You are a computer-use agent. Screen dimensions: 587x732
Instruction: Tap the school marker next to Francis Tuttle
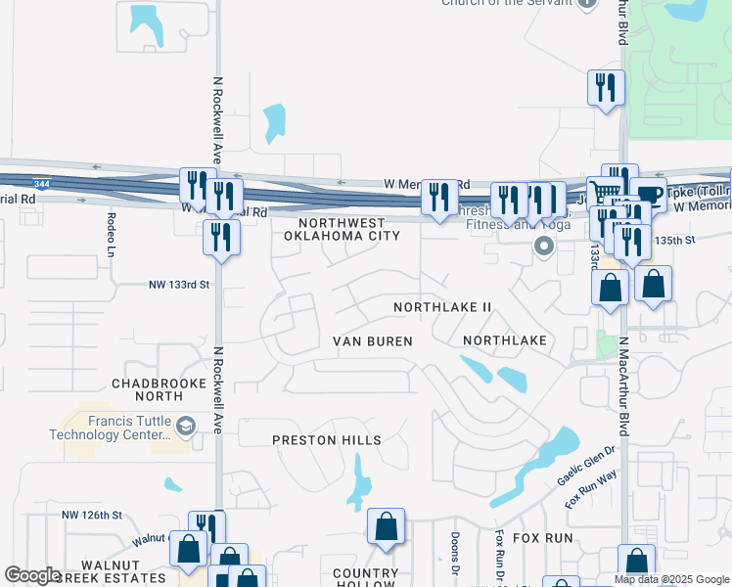click(188, 426)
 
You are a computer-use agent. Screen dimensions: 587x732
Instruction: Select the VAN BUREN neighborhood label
click(373, 341)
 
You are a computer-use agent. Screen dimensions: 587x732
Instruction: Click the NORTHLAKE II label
click(442, 307)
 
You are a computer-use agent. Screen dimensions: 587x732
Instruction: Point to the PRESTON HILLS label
click(327, 440)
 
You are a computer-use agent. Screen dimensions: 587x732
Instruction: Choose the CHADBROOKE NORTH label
click(147, 389)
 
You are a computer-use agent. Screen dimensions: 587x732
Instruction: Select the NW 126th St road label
click(91, 515)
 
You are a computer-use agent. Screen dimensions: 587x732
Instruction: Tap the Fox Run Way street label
click(591, 488)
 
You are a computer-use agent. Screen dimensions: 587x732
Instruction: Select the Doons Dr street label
click(455, 553)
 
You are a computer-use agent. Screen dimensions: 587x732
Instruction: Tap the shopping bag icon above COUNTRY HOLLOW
click(387, 525)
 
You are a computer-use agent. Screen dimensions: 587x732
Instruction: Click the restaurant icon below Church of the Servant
click(606, 88)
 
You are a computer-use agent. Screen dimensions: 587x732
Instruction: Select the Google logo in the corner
click(32, 575)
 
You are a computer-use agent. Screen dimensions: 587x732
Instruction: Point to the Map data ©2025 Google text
click(672, 579)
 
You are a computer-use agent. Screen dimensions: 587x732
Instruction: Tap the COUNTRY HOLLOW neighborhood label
click(366, 578)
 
